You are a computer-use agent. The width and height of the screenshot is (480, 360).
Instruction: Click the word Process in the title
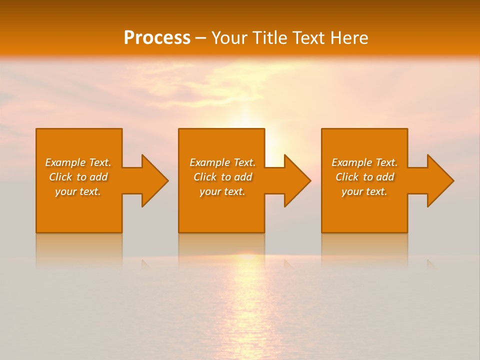click(x=157, y=38)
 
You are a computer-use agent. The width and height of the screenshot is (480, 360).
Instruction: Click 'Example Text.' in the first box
click(x=78, y=162)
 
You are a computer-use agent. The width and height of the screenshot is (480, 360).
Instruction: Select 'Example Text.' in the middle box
click(x=222, y=162)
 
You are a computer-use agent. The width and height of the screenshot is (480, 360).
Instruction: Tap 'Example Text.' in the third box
click(x=364, y=162)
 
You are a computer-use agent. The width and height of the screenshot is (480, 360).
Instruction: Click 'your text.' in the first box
click(x=78, y=191)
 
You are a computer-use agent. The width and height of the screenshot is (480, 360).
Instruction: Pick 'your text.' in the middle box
click(x=222, y=191)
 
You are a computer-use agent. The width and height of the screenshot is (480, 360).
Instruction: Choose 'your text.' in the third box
click(x=364, y=191)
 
